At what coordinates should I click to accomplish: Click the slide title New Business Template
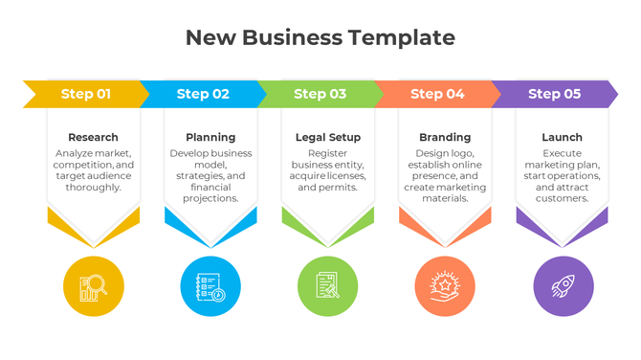tap(320, 38)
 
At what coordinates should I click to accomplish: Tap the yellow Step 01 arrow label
tap(86, 94)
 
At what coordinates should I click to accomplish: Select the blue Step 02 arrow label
tap(203, 94)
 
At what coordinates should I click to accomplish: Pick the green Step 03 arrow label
tap(320, 94)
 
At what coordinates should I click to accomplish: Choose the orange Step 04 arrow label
tap(437, 94)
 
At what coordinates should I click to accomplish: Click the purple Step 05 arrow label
tap(554, 94)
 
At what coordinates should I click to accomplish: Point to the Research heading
tap(94, 137)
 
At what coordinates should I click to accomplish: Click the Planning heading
tap(210, 137)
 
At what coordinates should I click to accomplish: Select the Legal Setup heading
tap(328, 137)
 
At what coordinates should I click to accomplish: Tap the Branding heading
tap(445, 137)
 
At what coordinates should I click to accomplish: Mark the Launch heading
tap(562, 137)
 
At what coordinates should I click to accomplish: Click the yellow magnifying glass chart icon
tap(94, 286)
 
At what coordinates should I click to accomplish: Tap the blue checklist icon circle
tap(210, 286)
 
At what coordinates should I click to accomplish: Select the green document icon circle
tap(328, 286)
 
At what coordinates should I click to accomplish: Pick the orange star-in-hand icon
tap(445, 286)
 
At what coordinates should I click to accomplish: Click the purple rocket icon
tap(563, 286)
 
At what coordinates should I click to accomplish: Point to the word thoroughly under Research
tap(94, 187)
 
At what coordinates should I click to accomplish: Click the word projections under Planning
tap(210, 198)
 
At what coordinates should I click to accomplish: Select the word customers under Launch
tap(562, 198)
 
